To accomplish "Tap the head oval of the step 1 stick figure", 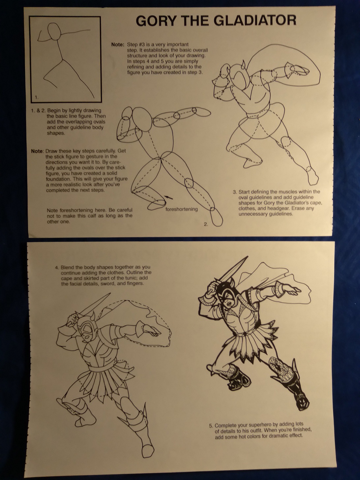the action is [x=54, y=32].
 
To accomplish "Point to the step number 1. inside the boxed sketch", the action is [x=37, y=97].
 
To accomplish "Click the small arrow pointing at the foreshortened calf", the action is [x=169, y=197].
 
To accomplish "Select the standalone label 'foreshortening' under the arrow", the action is [x=181, y=209].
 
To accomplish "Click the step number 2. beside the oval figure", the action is [x=206, y=224].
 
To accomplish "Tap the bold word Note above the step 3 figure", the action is [x=117, y=45].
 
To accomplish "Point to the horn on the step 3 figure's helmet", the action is [x=243, y=65].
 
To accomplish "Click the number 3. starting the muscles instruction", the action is [x=235, y=192].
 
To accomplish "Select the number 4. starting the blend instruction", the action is [x=57, y=267].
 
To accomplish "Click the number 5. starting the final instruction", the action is [x=211, y=426].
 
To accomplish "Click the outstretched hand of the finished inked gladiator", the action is [x=294, y=290].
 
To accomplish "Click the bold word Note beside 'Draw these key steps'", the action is [x=37, y=151].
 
